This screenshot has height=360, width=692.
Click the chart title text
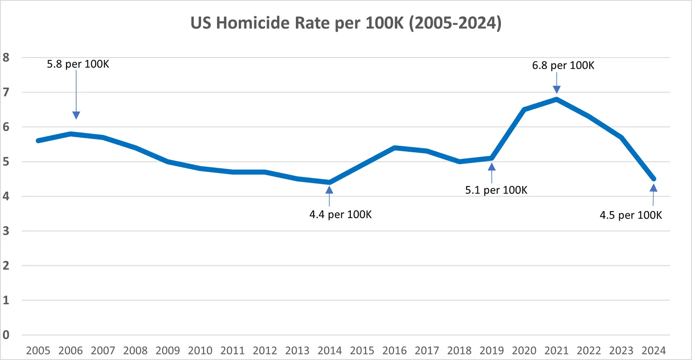(x=346, y=23)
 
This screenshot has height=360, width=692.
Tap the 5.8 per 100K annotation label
(x=78, y=64)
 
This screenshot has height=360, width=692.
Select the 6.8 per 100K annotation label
(x=563, y=65)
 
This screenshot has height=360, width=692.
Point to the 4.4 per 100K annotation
(x=340, y=215)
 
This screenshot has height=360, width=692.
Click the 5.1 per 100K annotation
(x=496, y=190)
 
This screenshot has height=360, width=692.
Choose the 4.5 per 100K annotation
(x=631, y=215)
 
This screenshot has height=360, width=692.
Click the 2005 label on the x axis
(x=38, y=350)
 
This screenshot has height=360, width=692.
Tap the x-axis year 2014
(x=330, y=350)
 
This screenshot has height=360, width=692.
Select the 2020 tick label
(x=524, y=350)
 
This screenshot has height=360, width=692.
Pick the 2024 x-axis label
(x=654, y=350)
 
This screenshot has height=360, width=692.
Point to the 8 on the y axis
(x=6, y=58)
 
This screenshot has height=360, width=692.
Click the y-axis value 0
(x=6, y=335)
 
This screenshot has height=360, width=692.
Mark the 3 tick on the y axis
(x=6, y=231)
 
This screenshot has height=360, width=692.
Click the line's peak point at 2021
(x=557, y=99)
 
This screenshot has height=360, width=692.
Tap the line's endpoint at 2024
(x=654, y=179)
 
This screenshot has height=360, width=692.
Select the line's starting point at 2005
(x=38, y=141)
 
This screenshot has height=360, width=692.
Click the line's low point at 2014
(x=330, y=182)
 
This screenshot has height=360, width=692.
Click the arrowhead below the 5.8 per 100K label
(x=76, y=115)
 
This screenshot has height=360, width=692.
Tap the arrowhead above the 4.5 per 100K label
(x=654, y=188)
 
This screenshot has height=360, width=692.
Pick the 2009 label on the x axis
(x=168, y=350)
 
